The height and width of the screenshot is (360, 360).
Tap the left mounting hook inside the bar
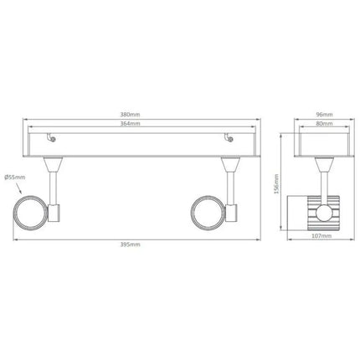coord(51,140)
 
